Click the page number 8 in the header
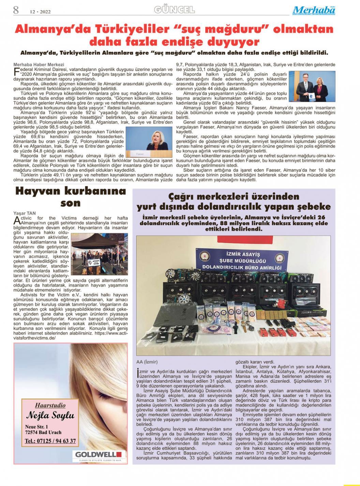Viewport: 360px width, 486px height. [x=16, y=10]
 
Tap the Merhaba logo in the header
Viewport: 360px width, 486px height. [x=313, y=11]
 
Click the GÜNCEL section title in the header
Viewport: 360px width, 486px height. [x=174, y=10]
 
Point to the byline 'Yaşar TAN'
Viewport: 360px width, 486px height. [x=24, y=213]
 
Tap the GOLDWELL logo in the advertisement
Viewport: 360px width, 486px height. [x=99, y=454]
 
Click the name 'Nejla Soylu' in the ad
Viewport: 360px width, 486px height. [x=50, y=416]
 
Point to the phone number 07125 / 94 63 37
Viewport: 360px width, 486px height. [x=50, y=441]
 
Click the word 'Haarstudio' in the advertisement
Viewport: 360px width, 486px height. [x=50, y=405]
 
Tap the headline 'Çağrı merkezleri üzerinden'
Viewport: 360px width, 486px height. [x=234, y=197]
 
